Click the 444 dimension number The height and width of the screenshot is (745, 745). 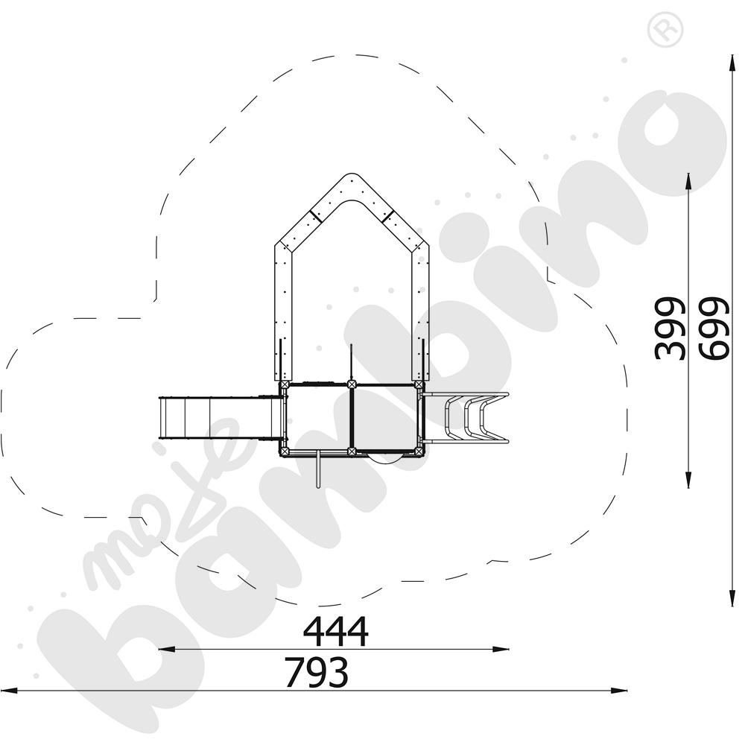pyautogui.click(x=336, y=632)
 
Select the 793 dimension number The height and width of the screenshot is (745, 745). pyautogui.click(x=317, y=672)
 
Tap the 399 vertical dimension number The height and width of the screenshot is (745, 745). pyautogui.click(x=670, y=329)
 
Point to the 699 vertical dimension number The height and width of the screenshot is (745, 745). pyautogui.click(x=713, y=329)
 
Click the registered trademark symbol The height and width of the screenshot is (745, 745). pyautogui.click(x=665, y=30)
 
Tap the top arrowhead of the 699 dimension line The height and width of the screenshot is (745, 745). pyautogui.click(x=732, y=63)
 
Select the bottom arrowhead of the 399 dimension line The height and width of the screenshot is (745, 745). pyautogui.click(x=688, y=478)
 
